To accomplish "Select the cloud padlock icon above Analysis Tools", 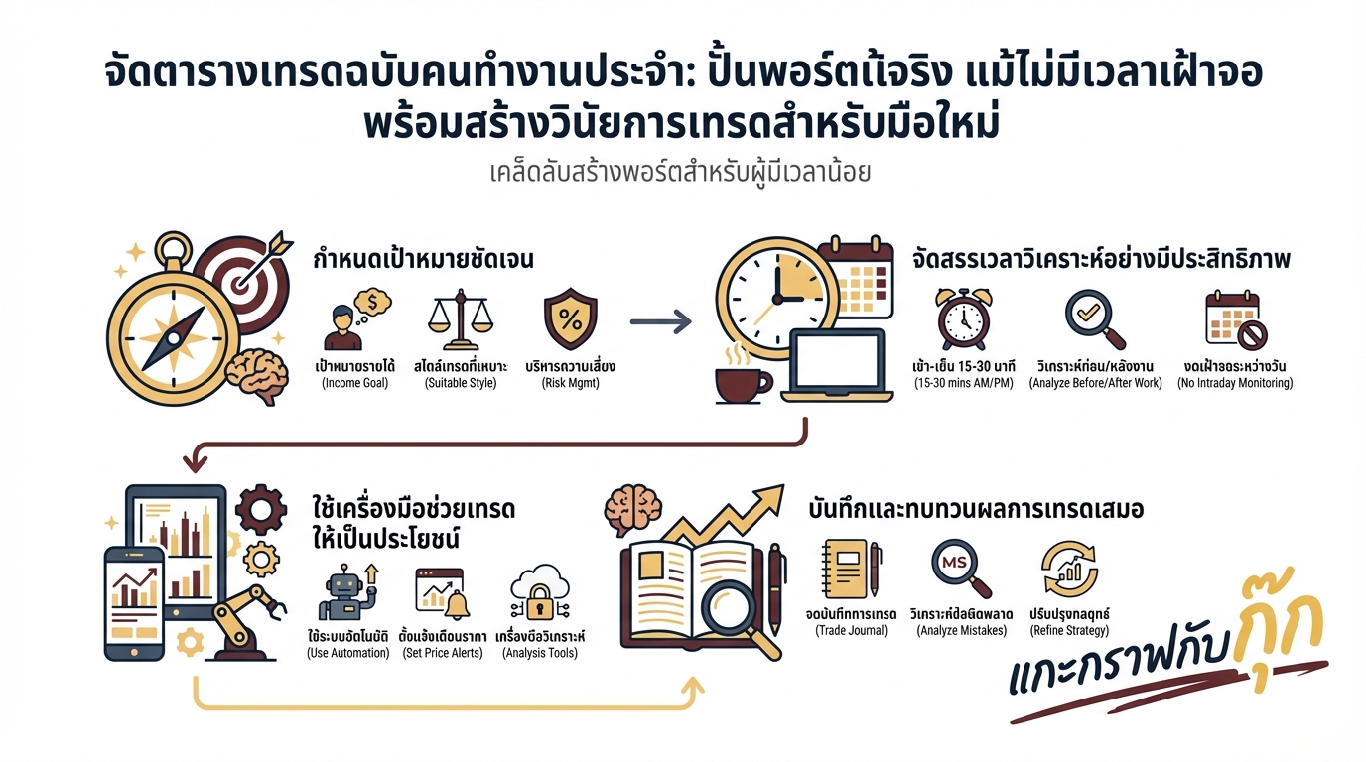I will (x=539, y=594).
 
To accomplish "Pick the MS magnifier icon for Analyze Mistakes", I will (x=959, y=570).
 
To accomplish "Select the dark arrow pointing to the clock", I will (x=661, y=321).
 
